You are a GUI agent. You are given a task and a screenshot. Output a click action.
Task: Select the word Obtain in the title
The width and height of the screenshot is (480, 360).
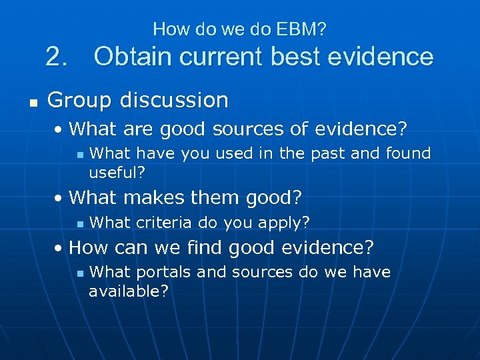coord(133,57)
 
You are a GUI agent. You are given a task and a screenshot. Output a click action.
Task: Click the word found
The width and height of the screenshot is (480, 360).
coord(409,153)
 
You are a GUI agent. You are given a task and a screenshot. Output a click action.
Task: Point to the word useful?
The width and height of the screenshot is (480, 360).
coord(117,172)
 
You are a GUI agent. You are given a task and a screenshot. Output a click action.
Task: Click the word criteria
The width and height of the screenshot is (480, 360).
coord(164,222)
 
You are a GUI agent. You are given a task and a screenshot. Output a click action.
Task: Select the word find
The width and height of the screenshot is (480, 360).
coord(206,248)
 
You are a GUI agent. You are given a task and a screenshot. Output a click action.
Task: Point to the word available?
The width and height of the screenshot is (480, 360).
coord(129,291)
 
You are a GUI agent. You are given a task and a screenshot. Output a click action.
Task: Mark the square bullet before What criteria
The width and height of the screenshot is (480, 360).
coord(79,223)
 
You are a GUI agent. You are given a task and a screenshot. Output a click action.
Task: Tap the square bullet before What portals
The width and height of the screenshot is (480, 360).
coord(79,273)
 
